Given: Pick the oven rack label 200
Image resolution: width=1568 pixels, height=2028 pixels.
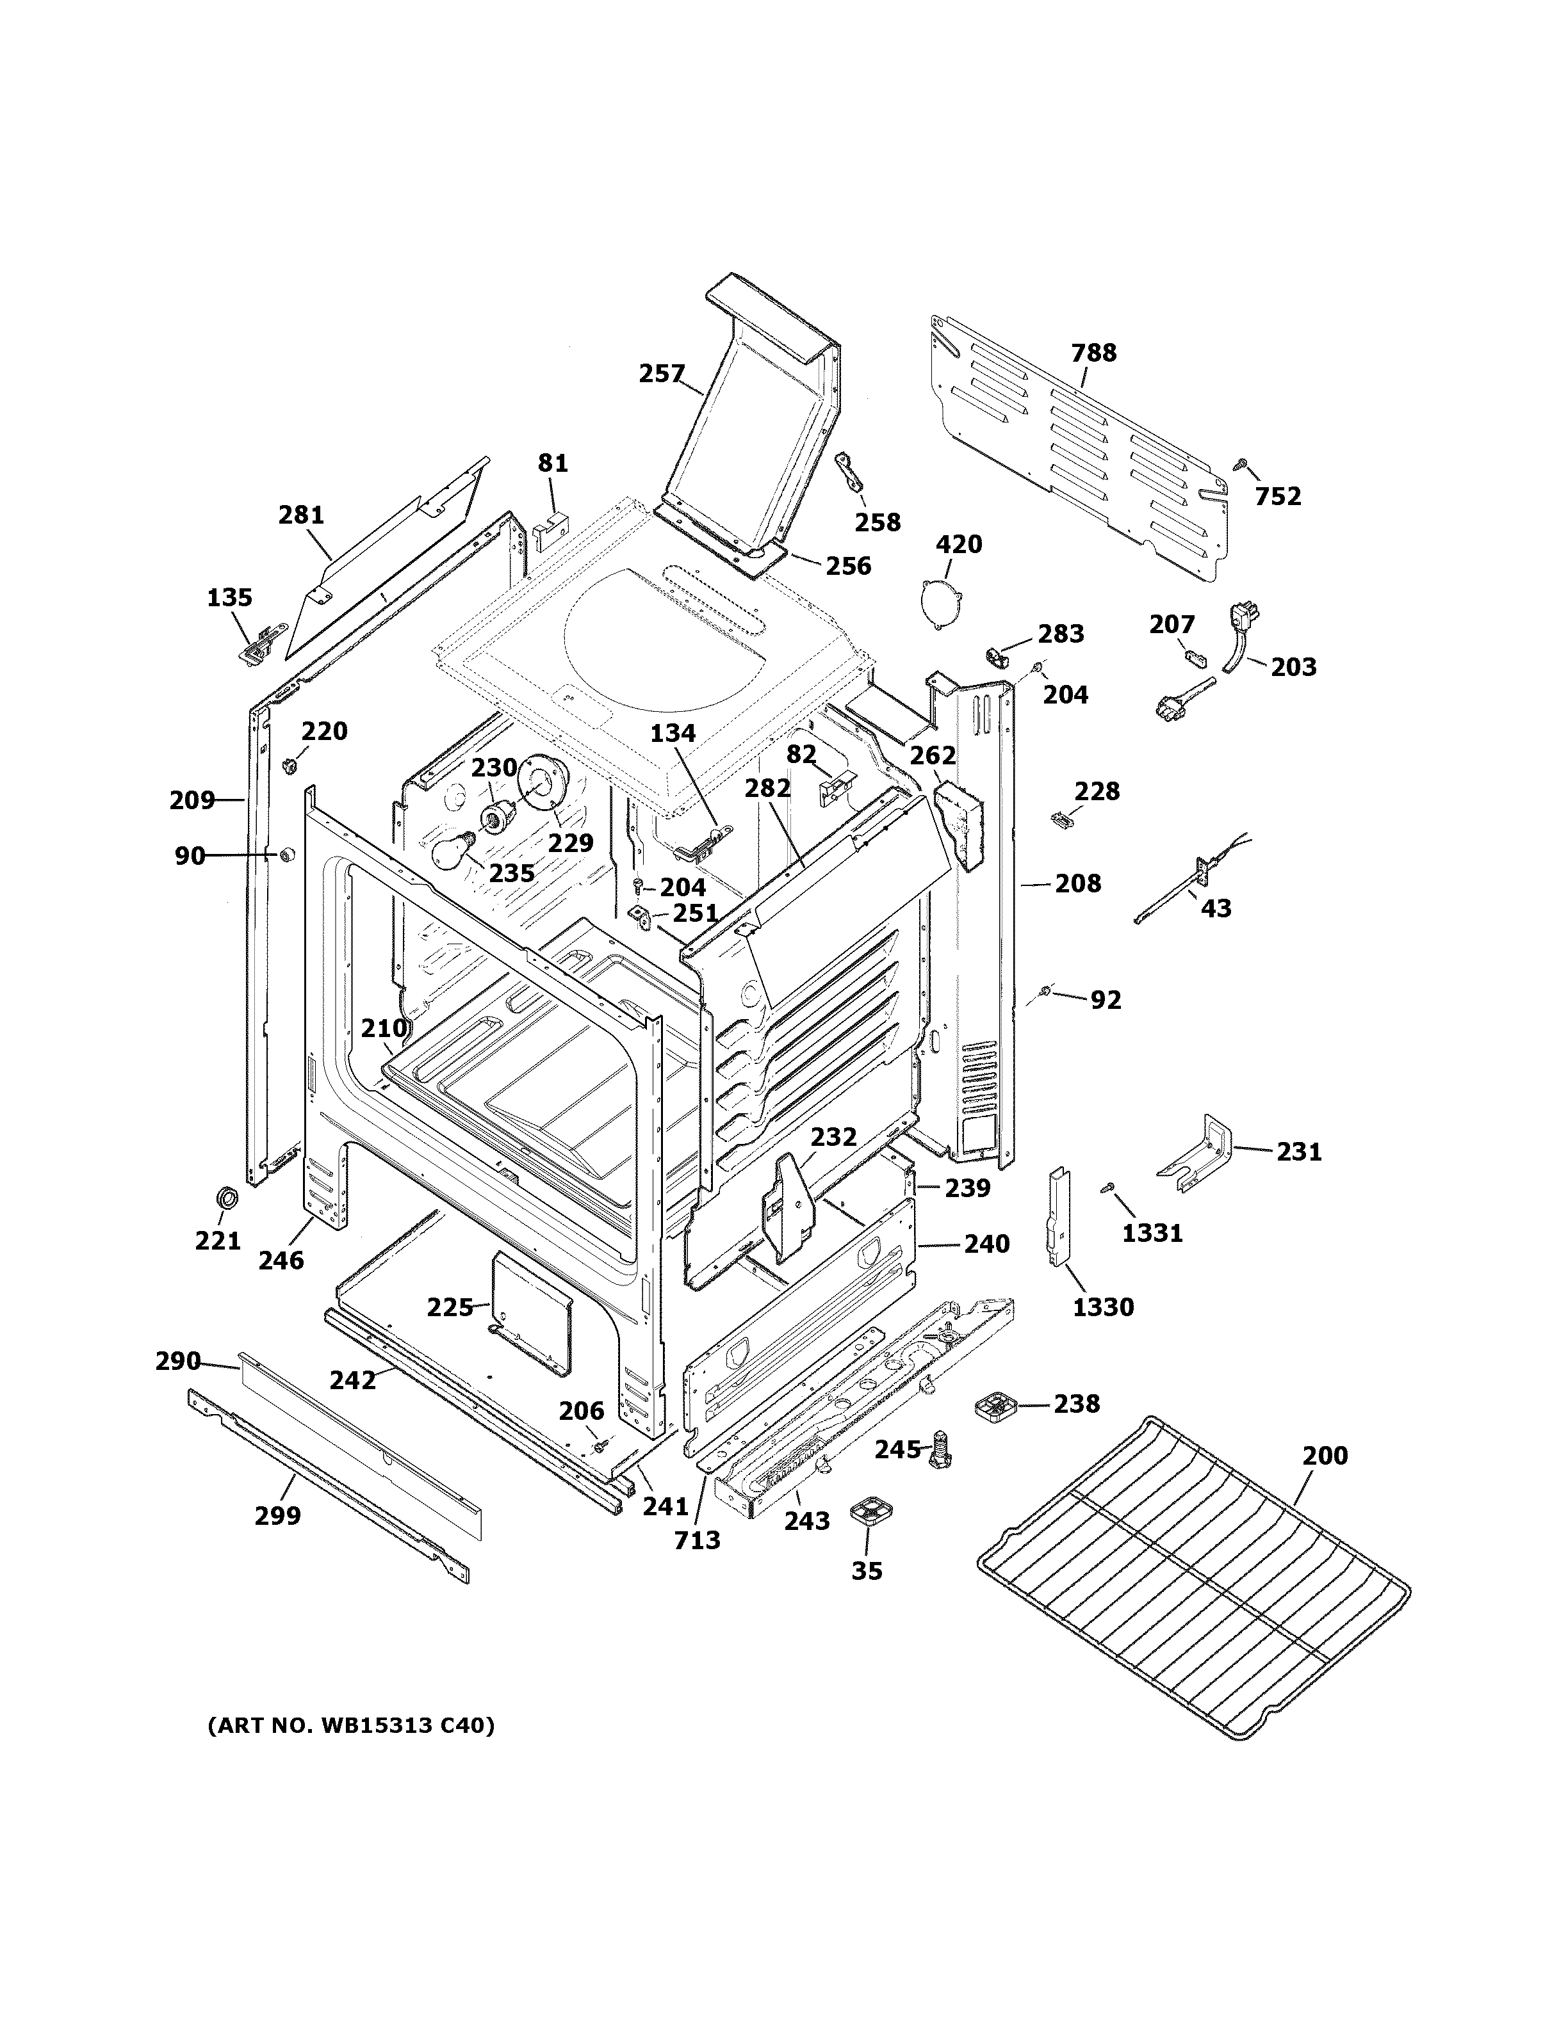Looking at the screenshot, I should [1324, 1455].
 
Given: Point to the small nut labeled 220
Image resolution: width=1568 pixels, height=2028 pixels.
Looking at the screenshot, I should [288, 765].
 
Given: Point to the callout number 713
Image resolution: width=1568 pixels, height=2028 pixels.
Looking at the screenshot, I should [697, 1540].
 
